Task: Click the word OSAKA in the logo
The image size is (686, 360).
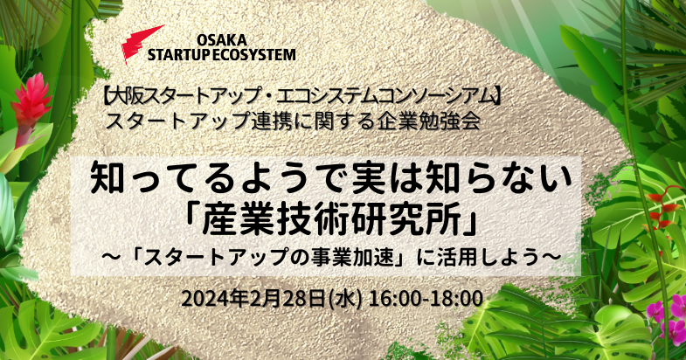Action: pos(222,40)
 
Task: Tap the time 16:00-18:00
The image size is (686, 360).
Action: pos(426,299)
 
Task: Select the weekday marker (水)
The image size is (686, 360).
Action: pos(346,300)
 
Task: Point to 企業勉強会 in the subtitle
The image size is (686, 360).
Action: pos(427,121)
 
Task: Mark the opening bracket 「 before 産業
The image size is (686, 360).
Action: pos(193,217)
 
